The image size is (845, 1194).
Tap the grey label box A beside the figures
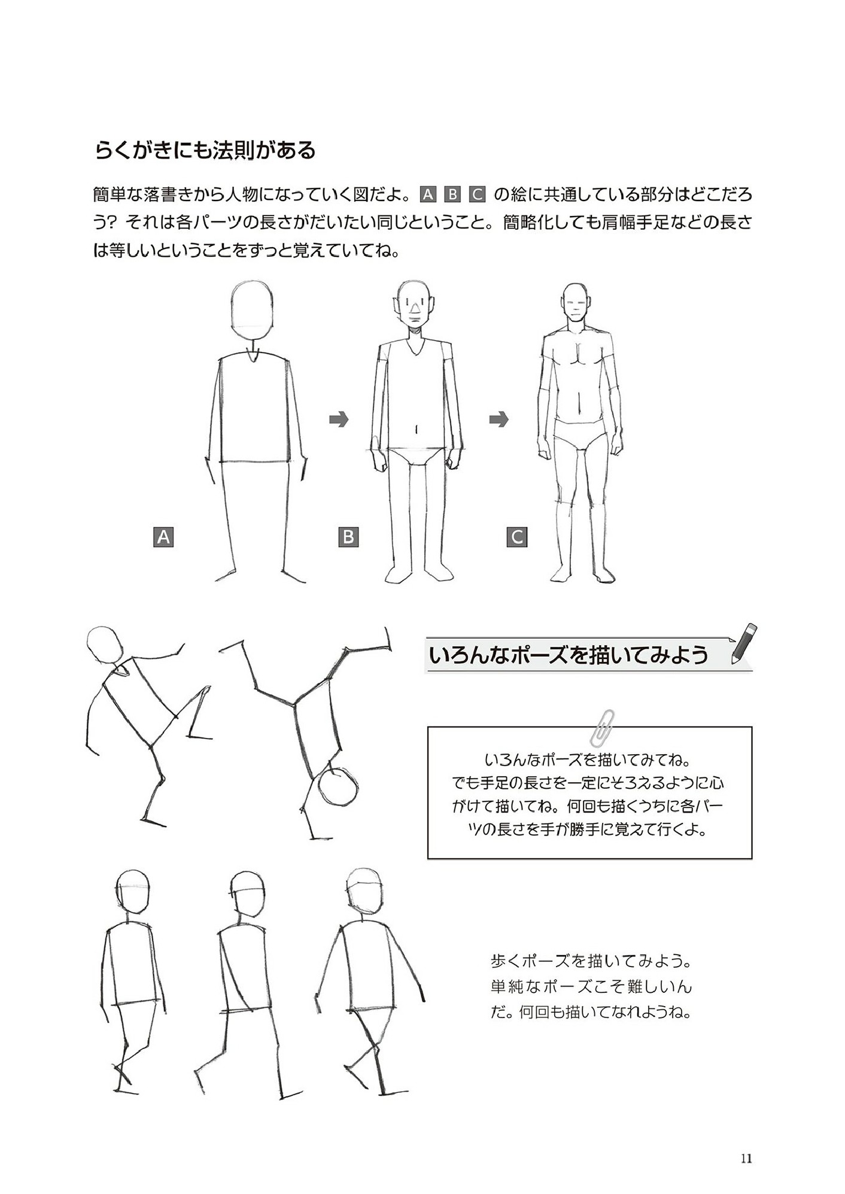pyautogui.click(x=163, y=536)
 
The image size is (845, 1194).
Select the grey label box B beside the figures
pyautogui.click(x=348, y=536)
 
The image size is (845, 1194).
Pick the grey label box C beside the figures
pyautogui.click(x=517, y=536)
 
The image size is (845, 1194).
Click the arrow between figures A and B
pyautogui.click(x=339, y=420)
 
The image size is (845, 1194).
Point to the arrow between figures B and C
pyautogui.click(x=499, y=420)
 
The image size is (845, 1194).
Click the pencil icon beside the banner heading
pyautogui.click(x=744, y=644)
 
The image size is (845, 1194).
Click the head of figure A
pyautogui.click(x=252, y=311)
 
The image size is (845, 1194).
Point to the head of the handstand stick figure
pyautogui.click(x=338, y=786)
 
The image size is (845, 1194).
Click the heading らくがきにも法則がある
pyautogui.click(x=205, y=150)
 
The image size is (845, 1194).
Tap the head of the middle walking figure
pyautogui.click(x=247, y=892)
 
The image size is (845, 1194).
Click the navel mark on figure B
pyautogui.click(x=417, y=429)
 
